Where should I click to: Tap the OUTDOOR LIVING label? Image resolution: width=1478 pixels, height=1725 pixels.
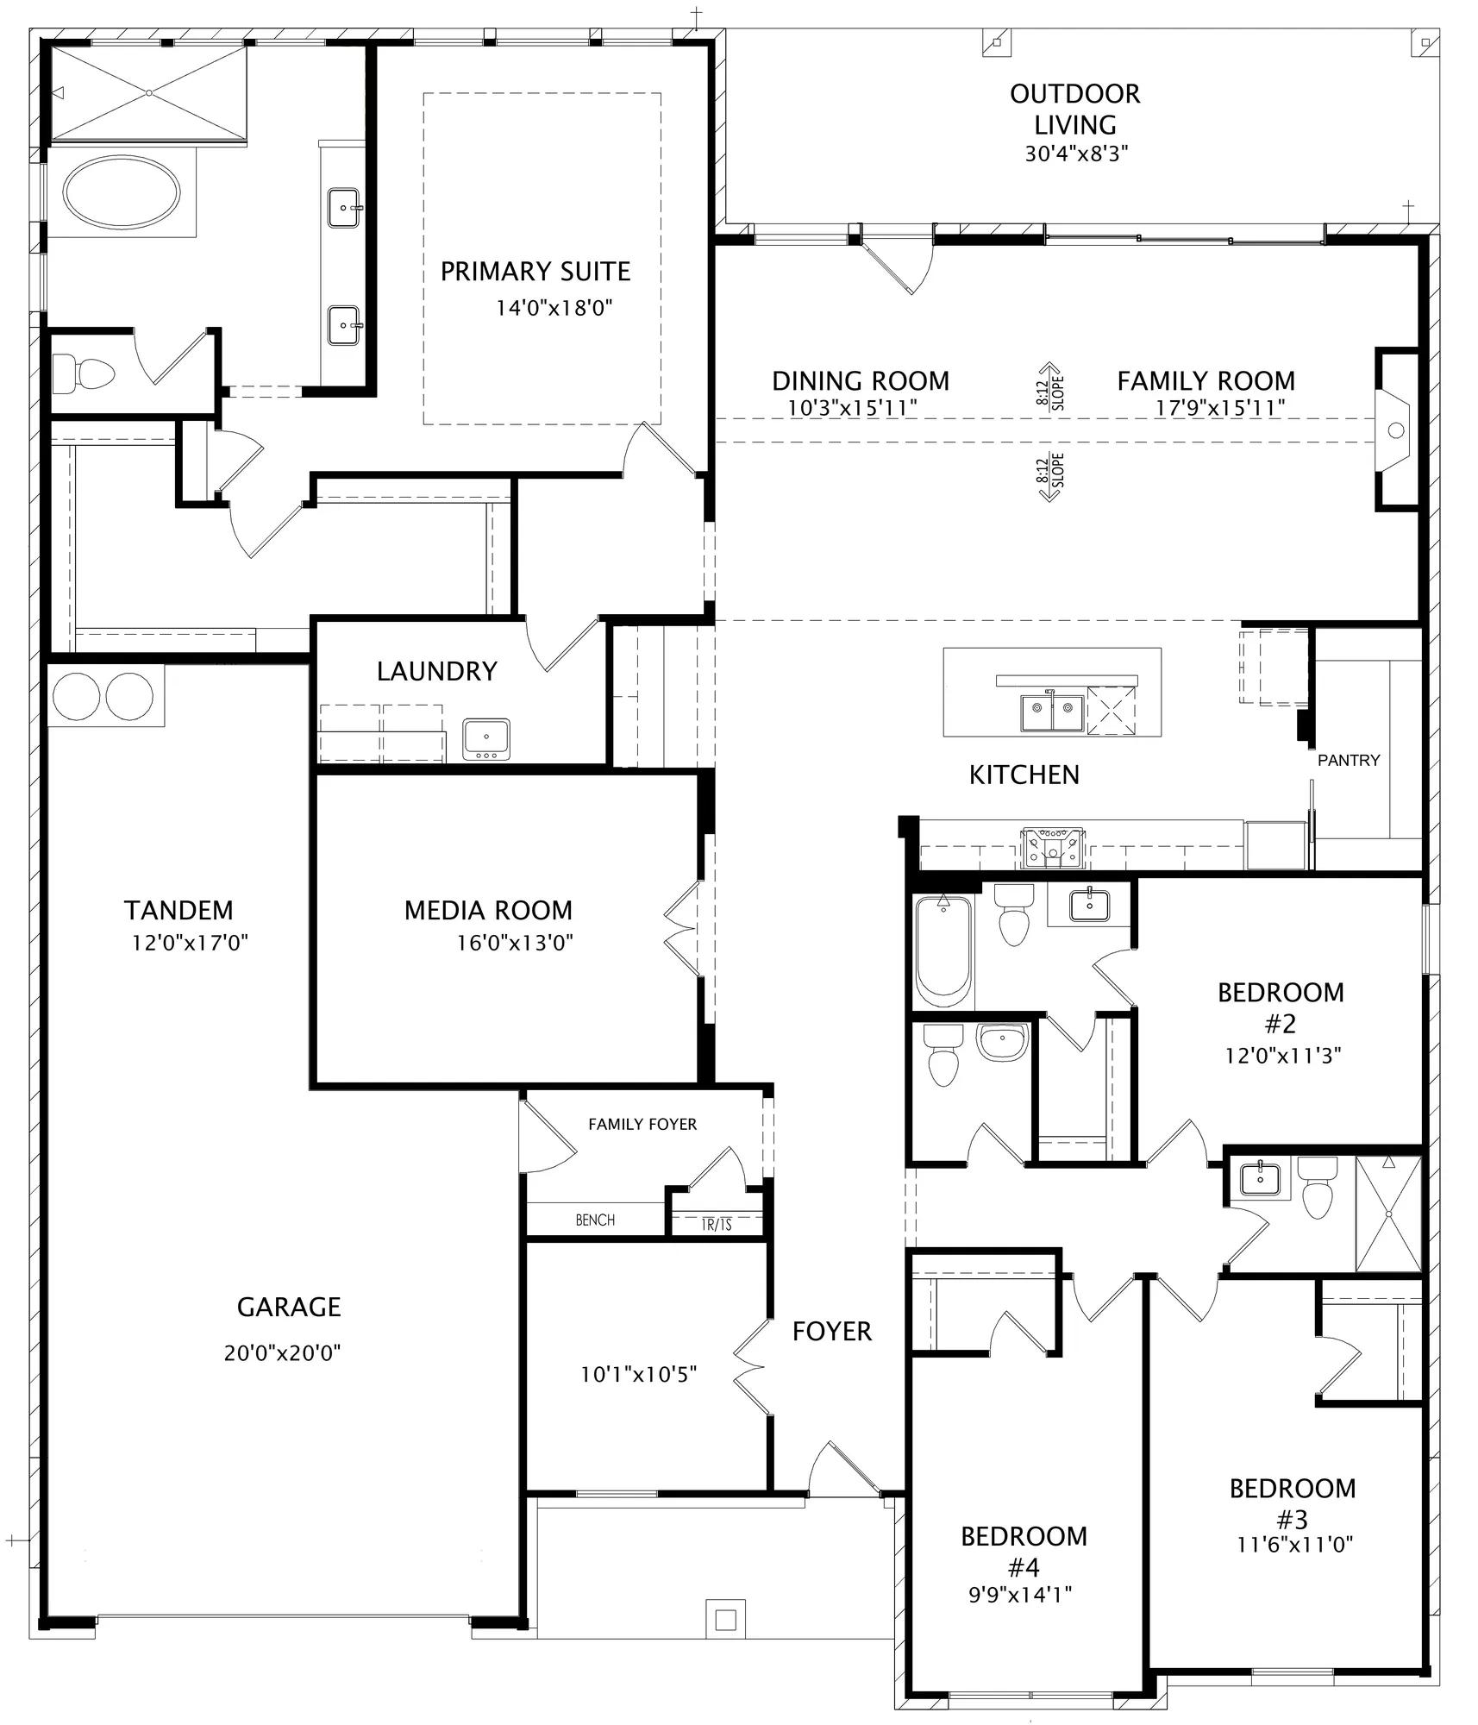(x=1075, y=109)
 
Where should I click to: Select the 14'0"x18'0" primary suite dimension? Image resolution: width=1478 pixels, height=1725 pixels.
(x=554, y=308)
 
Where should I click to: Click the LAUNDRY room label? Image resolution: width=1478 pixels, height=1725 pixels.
(x=437, y=671)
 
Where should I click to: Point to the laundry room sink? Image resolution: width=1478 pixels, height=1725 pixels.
(x=486, y=739)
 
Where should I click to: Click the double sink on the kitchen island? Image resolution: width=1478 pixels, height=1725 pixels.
(x=1051, y=713)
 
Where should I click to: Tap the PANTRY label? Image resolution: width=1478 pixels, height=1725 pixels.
(x=1349, y=760)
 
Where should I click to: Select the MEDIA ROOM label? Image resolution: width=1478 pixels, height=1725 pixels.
(x=488, y=910)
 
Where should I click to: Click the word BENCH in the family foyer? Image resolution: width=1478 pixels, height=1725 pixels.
(x=595, y=1220)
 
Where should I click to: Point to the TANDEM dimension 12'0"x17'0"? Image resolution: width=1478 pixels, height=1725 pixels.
(x=190, y=943)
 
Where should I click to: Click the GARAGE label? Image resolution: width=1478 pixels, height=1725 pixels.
(x=289, y=1308)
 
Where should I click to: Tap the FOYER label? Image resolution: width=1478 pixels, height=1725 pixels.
(x=832, y=1332)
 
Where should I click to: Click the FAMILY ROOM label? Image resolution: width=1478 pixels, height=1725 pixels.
(x=1206, y=380)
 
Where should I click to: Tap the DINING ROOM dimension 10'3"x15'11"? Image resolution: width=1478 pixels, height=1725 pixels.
(x=853, y=408)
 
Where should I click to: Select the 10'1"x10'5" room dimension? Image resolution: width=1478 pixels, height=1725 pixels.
(x=639, y=1374)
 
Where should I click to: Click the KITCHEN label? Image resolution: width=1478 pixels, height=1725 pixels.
(x=1024, y=775)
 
